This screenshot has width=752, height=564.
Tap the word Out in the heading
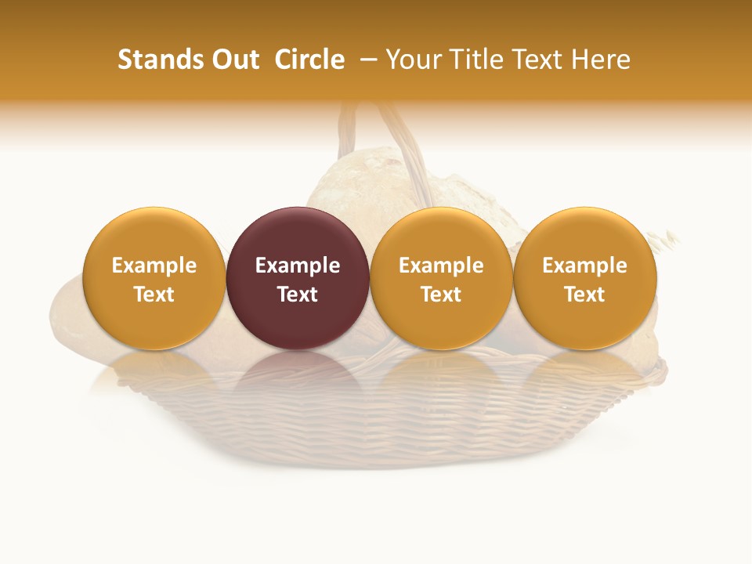coord(234,60)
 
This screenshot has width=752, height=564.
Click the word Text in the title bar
coord(537,60)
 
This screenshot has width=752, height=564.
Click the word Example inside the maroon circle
coord(298,266)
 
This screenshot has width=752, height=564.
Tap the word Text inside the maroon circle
coord(298,295)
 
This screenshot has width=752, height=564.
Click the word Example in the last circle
coord(585,266)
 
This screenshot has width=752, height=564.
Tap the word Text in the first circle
coord(154,295)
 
